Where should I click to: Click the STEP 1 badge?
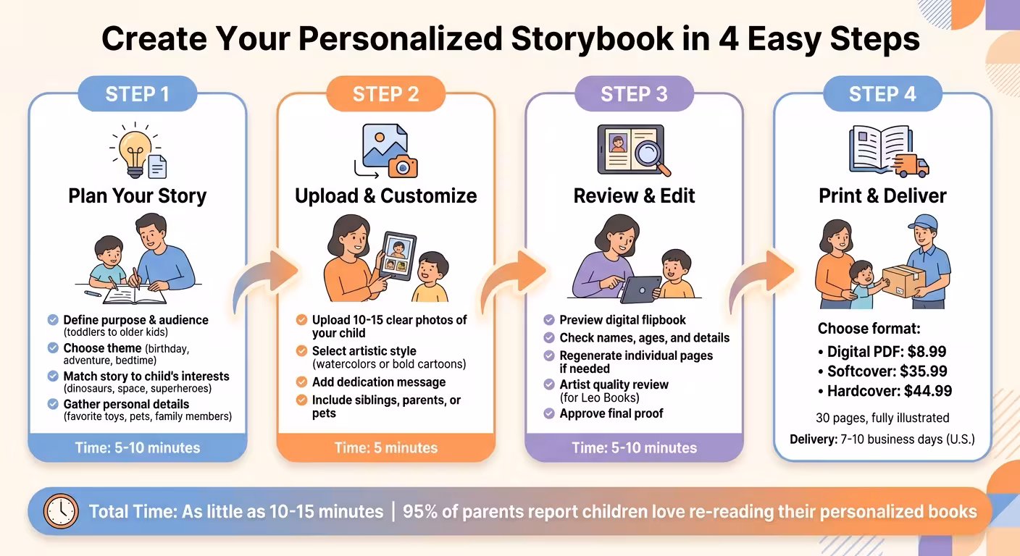click(x=137, y=93)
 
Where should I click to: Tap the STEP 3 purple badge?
click(x=634, y=93)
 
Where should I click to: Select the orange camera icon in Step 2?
click(x=403, y=167)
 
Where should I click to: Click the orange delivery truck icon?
click(x=911, y=165)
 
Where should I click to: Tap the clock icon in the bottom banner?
click(x=61, y=511)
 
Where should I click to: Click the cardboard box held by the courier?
click(x=903, y=281)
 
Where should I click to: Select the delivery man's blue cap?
click(x=923, y=222)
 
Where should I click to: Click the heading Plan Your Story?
click(x=137, y=196)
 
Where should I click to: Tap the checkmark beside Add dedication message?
click(x=301, y=382)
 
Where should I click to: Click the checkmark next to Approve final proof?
click(x=549, y=413)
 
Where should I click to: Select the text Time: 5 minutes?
click(x=385, y=447)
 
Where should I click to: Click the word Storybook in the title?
click(x=592, y=39)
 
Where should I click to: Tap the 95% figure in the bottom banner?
click(x=419, y=511)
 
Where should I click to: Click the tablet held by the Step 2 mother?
click(x=397, y=255)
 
